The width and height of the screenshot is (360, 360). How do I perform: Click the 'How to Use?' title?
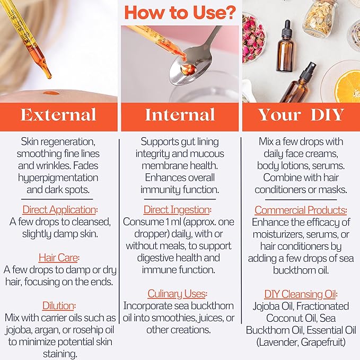point(180,13)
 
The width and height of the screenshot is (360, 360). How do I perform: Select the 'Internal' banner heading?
point(180,115)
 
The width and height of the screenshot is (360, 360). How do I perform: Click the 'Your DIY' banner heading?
point(301,115)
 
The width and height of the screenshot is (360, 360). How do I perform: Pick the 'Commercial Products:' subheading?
point(301,209)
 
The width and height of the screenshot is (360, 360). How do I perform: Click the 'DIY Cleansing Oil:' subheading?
point(301,294)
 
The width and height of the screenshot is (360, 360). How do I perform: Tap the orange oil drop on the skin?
point(51,94)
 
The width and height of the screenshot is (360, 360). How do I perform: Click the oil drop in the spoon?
point(185,68)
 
